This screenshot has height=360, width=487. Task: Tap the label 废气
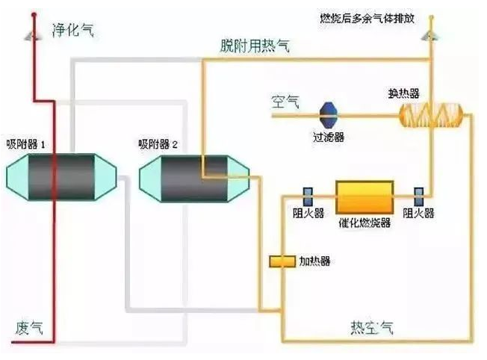tap(28, 327)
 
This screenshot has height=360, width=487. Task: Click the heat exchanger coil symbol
tap(431, 115)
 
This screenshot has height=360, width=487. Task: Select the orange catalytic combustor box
tap(366, 197)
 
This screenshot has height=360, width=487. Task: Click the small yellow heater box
tap(282, 261)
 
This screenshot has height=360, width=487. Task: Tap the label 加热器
tap(314, 261)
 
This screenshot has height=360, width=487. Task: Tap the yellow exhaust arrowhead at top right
tap(431, 34)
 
